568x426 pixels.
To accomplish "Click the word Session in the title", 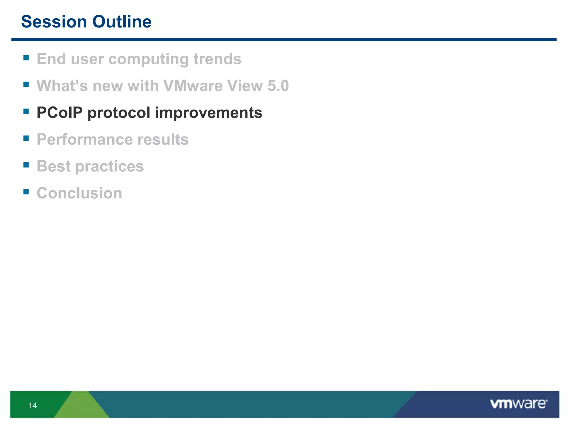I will pyautogui.click(x=54, y=22).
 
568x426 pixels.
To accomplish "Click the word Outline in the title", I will pyautogui.click(x=122, y=22).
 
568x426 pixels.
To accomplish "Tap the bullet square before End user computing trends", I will pyautogui.click(x=26, y=58).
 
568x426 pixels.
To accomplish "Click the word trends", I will pyautogui.click(x=217, y=59).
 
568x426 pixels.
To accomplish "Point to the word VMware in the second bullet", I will pyautogui.click(x=193, y=85).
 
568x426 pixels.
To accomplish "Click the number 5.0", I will pyautogui.click(x=278, y=85).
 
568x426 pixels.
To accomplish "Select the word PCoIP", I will pyautogui.click(x=60, y=113).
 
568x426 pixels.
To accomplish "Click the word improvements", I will pyautogui.click(x=208, y=113).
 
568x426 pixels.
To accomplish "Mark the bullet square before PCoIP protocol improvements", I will pyautogui.click(x=26, y=111).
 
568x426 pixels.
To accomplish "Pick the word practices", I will pyautogui.click(x=110, y=167).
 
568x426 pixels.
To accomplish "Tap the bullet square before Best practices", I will pyautogui.click(x=26, y=165).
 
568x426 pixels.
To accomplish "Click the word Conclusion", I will pyautogui.click(x=79, y=193).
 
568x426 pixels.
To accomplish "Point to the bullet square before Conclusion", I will pyautogui.click(x=26, y=192).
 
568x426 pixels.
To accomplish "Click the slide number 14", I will pyautogui.click(x=32, y=405).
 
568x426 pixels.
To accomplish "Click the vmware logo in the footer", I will pyautogui.click(x=519, y=404).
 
